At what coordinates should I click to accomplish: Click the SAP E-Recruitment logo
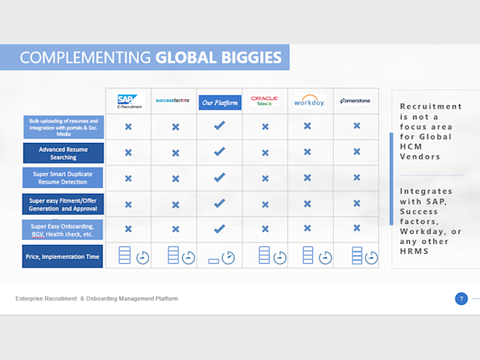coord(129,102)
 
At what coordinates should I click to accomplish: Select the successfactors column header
coord(174,102)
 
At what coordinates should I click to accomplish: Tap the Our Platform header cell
coord(220,103)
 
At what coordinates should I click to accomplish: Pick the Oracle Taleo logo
coord(265,101)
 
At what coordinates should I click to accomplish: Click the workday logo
coord(309,102)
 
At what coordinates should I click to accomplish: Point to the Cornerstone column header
coord(356,102)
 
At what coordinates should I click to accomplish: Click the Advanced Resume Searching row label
coord(63,153)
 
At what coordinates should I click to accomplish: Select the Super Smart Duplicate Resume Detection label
coord(63,178)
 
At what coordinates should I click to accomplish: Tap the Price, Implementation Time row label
coord(63,256)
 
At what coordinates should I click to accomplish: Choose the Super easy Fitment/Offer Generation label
coord(63,204)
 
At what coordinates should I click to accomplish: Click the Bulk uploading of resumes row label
coord(63,127)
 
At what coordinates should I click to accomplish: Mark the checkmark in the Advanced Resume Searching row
coord(220,152)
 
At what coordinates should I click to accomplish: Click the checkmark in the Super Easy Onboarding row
coord(220,228)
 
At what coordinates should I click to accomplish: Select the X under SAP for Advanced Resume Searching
coord(129,153)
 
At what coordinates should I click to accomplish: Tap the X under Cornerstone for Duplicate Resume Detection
coord(356,177)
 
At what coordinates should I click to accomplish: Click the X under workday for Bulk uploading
coord(308,126)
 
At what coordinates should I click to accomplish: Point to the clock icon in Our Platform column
coord(228,257)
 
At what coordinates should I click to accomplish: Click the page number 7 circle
coord(461,298)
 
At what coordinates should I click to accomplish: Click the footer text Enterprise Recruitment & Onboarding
coord(96,298)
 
